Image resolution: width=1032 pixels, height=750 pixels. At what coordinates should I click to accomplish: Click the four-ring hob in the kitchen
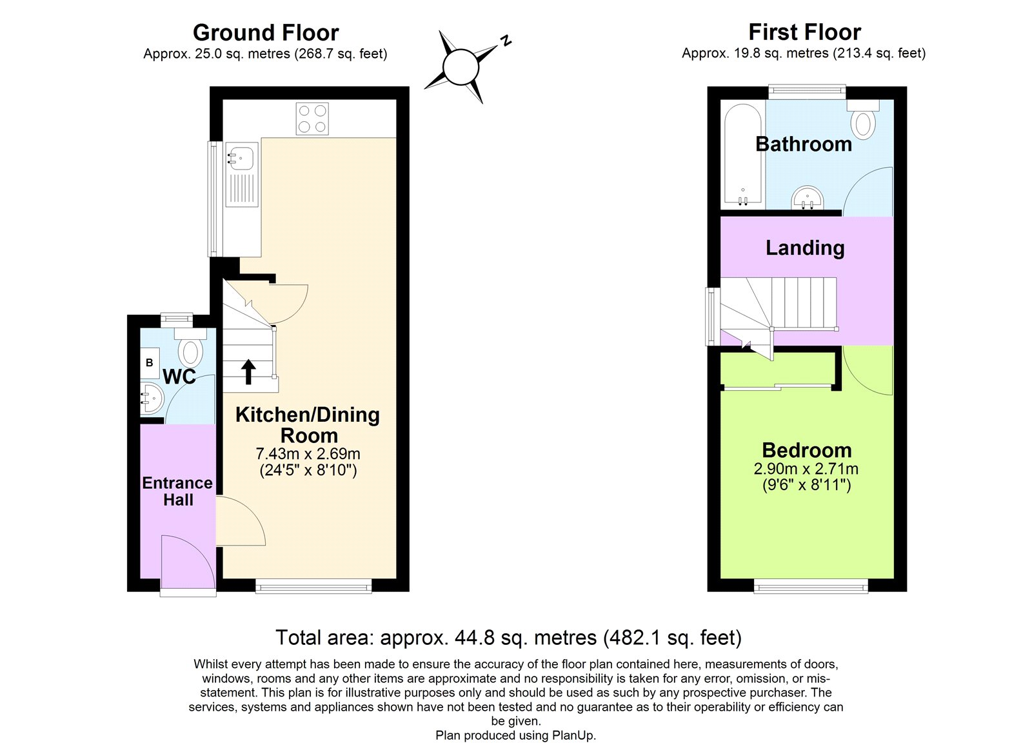[x=312, y=119]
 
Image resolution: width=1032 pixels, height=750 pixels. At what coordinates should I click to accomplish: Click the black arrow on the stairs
[x=248, y=372]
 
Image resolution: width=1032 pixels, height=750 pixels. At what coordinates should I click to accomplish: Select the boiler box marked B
[x=150, y=363]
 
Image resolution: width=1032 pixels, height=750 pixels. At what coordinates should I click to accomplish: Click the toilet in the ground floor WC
[x=190, y=351]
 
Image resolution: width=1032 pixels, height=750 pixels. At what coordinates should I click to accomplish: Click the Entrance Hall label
[x=177, y=491]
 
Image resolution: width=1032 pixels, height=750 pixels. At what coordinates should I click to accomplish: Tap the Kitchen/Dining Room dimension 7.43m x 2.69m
[x=308, y=454]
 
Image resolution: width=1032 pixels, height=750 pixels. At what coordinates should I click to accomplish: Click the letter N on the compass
[x=506, y=41]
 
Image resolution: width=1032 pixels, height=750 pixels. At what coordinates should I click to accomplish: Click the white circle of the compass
[x=461, y=67]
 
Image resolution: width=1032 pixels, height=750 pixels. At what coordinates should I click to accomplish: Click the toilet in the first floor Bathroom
[x=863, y=123]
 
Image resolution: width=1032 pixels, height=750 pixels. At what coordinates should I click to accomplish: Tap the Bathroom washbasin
[x=808, y=197]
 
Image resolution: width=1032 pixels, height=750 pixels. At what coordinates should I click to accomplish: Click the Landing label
[x=805, y=248]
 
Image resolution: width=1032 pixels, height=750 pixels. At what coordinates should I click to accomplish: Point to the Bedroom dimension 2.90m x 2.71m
[x=806, y=469]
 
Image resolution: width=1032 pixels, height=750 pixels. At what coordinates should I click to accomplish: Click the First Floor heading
[x=804, y=32]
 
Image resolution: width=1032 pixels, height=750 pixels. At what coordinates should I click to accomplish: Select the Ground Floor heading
[x=266, y=32]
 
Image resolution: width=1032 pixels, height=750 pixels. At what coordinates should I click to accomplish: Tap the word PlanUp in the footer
[x=572, y=735]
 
